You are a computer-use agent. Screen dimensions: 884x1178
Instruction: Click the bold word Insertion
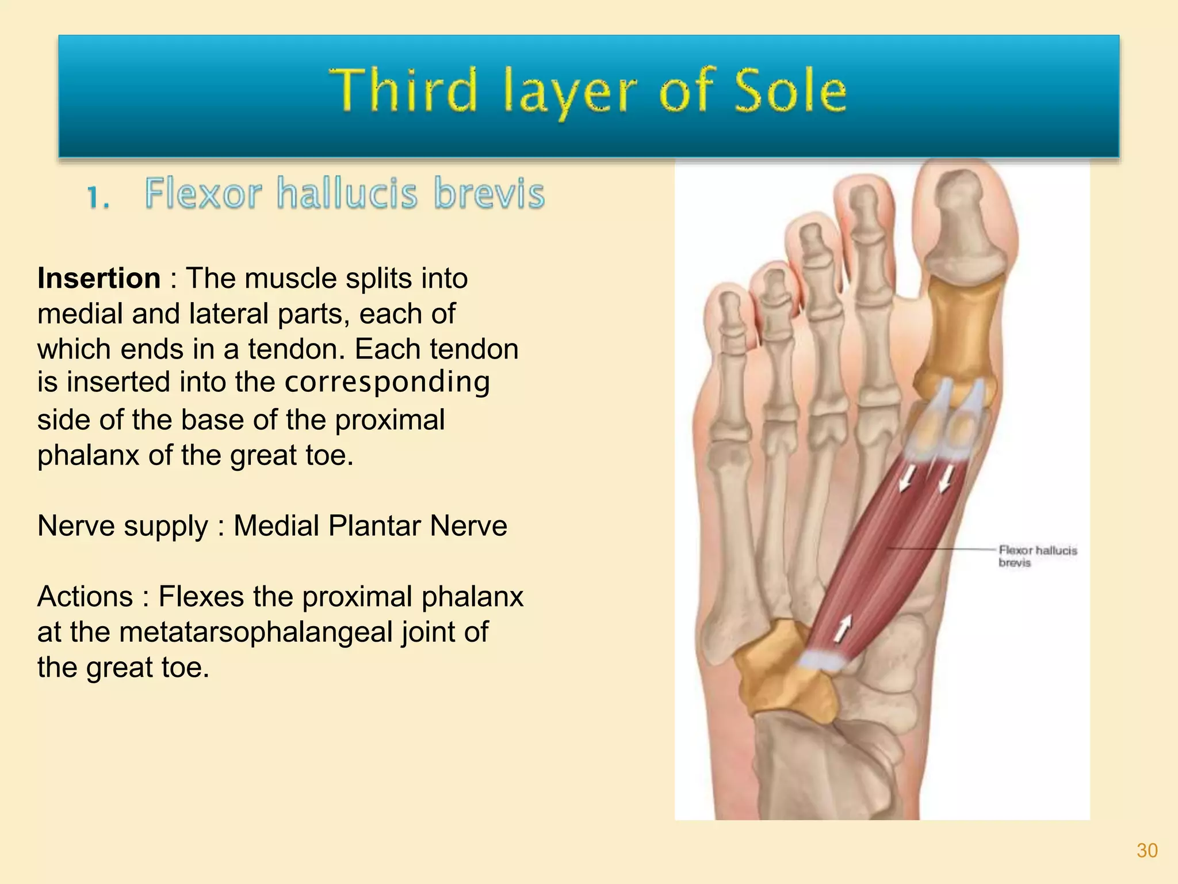coord(99,279)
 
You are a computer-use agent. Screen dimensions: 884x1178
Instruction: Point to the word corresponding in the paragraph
coord(387,383)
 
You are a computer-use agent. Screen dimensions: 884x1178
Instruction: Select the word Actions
coord(85,597)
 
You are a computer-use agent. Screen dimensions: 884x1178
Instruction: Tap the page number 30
coord(1147,851)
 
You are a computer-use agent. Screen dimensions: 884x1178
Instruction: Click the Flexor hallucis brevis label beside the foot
coord(1037,556)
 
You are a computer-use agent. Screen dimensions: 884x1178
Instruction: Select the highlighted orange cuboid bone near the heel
coord(785,673)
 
